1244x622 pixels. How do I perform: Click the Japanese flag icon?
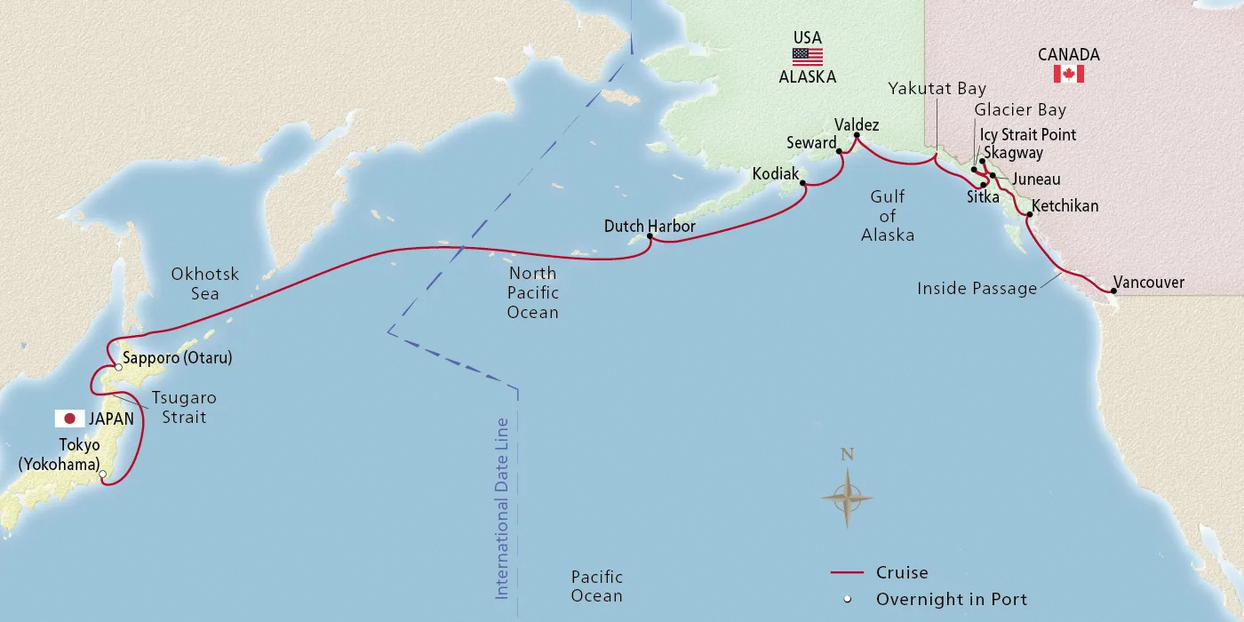tap(68, 419)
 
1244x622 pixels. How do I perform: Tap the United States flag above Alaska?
tap(807, 57)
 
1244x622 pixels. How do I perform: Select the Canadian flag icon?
tap(1068, 74)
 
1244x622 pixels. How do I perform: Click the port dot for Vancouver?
tap(1113, 291)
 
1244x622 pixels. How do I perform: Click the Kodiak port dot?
tap(803, 184)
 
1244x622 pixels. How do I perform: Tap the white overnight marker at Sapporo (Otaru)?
tap(118, 367)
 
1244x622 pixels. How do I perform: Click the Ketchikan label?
tap(1065, 206)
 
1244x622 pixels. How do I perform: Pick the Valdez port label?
tap(857, 125)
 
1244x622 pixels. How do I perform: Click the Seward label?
tap(811, 143)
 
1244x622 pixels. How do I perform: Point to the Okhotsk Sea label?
tap(205, 283)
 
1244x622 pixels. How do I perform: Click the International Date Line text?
tap(502, 507)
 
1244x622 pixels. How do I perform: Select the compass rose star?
tap(847, 498)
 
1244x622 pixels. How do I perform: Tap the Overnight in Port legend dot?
tap(847, 599)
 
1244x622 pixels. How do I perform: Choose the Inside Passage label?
tap(977, 288)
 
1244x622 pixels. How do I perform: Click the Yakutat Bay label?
tap(937, 89)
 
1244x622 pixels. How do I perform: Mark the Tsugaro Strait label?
tap(184, 407)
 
